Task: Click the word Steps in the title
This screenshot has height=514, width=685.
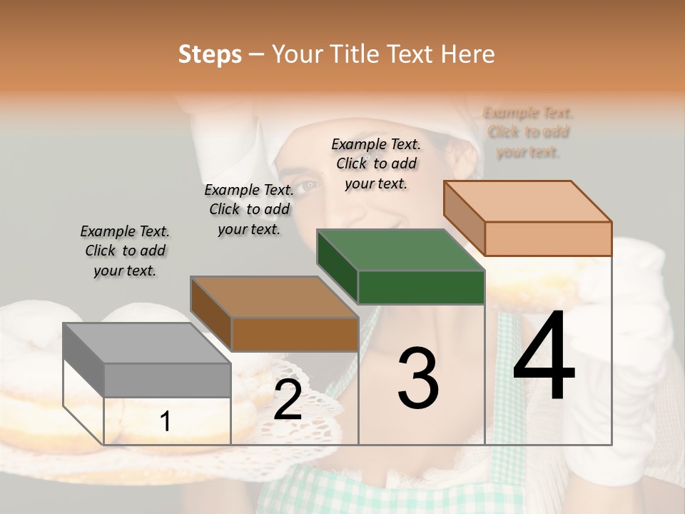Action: point(210,54)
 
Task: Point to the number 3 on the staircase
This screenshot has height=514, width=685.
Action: point(417,378)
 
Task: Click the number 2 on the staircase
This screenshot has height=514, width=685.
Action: point(288,400)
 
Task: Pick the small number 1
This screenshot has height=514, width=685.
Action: point(166,422)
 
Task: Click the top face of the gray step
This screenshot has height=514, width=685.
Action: point(136,343)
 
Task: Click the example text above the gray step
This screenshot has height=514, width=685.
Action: point(125,251)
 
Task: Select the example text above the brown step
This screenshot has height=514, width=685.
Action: point(249,209)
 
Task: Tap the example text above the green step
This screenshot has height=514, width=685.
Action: point(376,163)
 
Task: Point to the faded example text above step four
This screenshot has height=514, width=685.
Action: point(528,132)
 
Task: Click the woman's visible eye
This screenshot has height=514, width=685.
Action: point(307,187)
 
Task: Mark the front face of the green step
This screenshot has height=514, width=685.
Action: point(421,287)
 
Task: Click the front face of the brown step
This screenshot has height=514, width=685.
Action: point(295,334)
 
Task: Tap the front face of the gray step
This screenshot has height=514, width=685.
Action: point(168,380)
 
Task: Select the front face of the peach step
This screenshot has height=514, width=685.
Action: point(548,238)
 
